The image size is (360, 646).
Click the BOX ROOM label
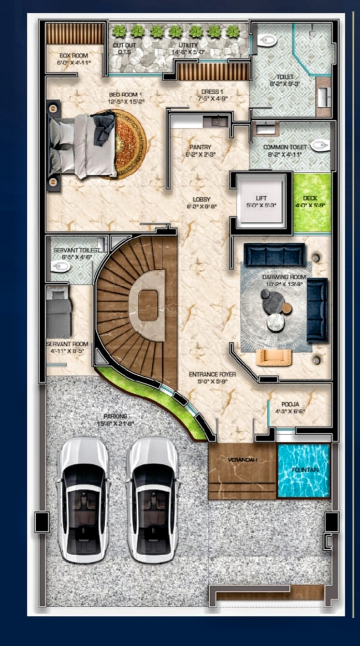(73, 56)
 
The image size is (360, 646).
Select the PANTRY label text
(200, 147)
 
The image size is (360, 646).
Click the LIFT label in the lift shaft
(261, 198)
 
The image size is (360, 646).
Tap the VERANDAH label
(241, 459)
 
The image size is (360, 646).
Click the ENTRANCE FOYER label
(212, 374)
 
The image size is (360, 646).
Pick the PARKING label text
(115, 416)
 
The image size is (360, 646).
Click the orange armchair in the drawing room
(274, 357)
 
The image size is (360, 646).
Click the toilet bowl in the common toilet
(319, 145)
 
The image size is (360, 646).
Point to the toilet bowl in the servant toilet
(61, 266)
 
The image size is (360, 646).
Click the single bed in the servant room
(58, 311)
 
